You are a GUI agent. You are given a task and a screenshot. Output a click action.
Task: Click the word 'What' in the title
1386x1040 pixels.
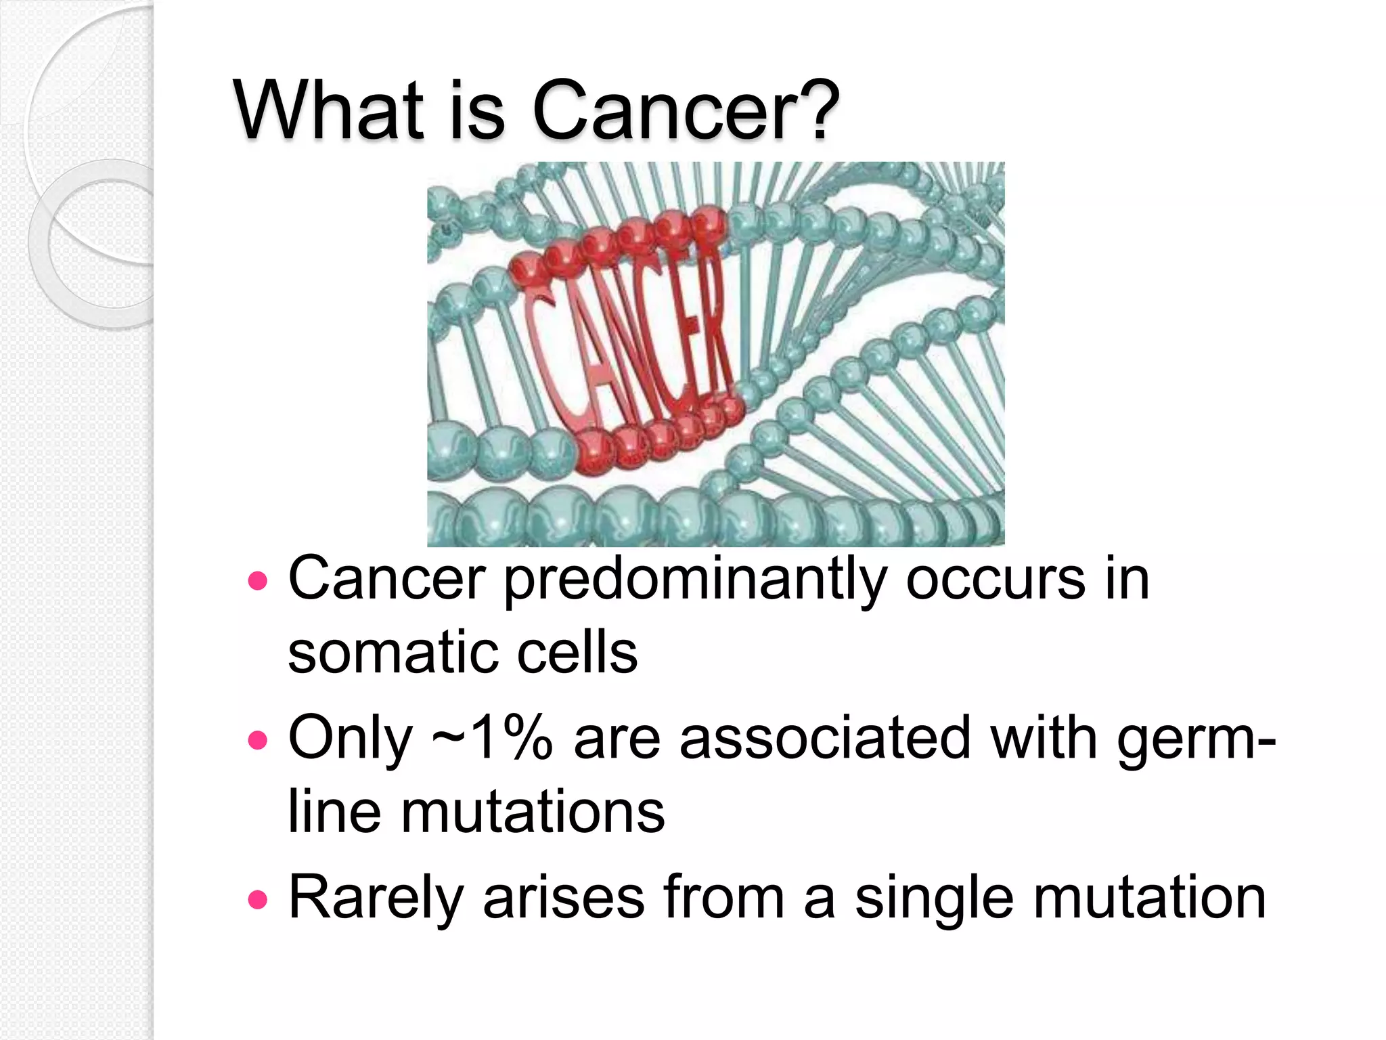329,110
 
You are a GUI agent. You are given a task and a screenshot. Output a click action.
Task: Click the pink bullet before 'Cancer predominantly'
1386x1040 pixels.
258,581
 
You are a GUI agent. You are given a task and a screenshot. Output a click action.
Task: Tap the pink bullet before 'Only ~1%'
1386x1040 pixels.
258,740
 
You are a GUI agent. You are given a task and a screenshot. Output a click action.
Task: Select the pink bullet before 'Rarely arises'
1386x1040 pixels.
258,899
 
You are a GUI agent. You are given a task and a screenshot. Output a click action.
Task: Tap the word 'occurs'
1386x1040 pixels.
996,581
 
